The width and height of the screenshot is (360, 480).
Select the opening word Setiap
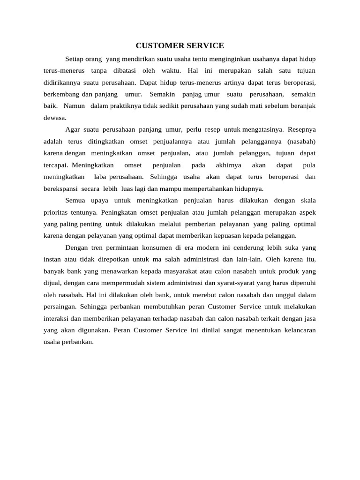click(75, 59)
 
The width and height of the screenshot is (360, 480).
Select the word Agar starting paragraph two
click(72, 129)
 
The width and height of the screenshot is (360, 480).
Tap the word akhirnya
click(228, 165)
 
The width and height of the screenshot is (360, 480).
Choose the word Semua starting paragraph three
click(75, 201)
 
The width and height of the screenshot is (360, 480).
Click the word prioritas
click(55, 212)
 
